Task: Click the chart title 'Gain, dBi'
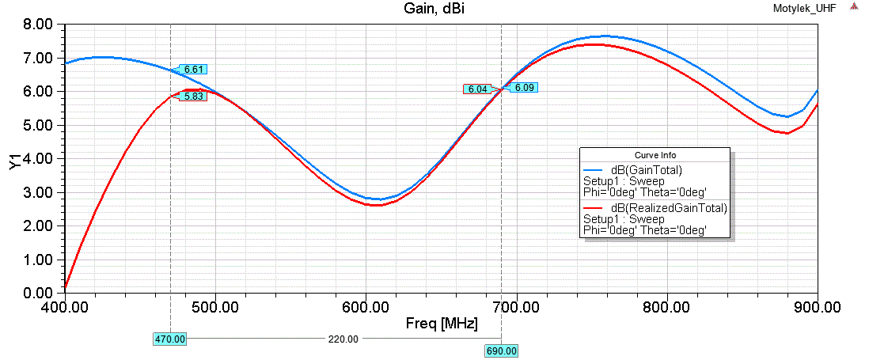tap(434, 8)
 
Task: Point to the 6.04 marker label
tap(477, 89)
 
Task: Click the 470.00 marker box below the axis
tap(169, 339)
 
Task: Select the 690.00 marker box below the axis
tap(500, 351)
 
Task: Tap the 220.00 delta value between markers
tap(343, 339)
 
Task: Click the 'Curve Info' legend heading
tap(655, 155)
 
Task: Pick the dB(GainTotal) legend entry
tap(646, 170)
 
